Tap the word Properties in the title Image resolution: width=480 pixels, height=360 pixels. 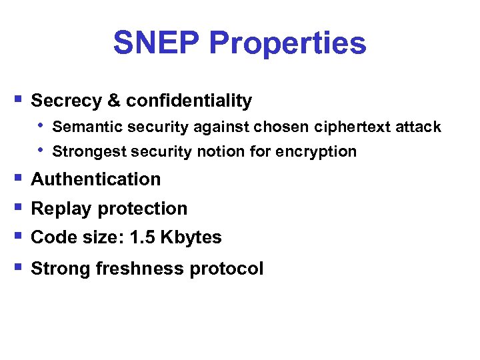click(287, 43)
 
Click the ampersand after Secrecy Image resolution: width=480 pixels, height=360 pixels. click(114, 101)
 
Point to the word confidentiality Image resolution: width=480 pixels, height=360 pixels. click(189, 101)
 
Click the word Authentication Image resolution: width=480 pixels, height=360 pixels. click(96, 179)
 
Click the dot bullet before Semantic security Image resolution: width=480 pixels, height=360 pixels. click(41, 125)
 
